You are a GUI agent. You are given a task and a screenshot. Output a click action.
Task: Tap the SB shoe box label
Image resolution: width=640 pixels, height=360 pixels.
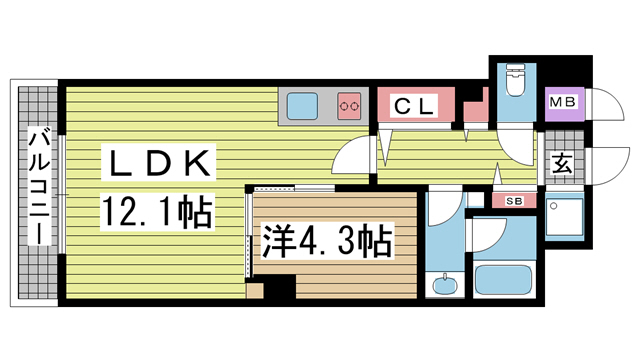(514, 200)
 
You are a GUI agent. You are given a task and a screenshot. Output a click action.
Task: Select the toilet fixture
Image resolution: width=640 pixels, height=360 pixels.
(515, 81)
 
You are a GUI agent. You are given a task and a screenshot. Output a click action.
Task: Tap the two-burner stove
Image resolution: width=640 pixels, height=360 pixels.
(349, 103)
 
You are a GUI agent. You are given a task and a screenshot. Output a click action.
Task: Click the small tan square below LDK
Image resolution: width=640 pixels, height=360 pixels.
(254, 292)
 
